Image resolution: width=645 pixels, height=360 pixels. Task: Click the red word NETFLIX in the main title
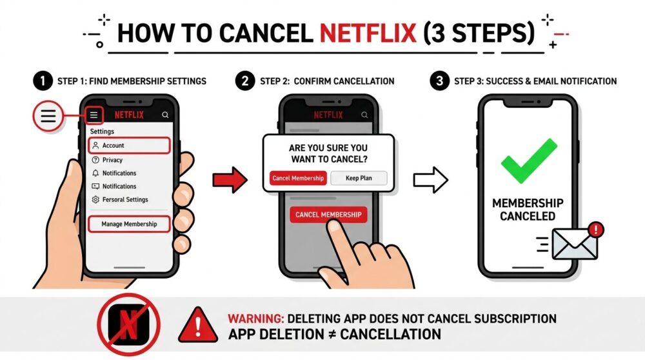368,33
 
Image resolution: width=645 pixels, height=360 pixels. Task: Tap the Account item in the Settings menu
129,145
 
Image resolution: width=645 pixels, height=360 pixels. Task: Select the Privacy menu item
112,160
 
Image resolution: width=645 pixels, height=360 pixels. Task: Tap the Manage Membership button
129,225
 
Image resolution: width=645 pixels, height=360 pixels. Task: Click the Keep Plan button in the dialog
359,178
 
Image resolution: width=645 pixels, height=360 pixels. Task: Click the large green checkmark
529,161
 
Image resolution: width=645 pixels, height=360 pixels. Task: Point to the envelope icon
574,245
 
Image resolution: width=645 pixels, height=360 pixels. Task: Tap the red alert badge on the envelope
595,230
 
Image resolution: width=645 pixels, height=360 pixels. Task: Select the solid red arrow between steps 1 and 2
230,180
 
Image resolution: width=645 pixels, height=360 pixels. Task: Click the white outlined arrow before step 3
431,180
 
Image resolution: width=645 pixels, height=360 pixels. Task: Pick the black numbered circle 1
43,81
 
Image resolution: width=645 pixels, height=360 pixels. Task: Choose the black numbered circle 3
440,81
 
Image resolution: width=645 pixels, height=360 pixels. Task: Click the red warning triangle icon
198,325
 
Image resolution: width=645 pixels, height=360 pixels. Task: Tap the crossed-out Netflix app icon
129,325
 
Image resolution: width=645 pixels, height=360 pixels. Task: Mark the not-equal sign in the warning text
332,334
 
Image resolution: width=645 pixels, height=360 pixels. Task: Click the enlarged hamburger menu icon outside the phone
48,116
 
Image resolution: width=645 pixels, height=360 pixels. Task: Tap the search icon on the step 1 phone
165,115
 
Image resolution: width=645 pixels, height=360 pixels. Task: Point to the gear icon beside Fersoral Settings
95,199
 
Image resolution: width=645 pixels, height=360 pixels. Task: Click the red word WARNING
256,319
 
